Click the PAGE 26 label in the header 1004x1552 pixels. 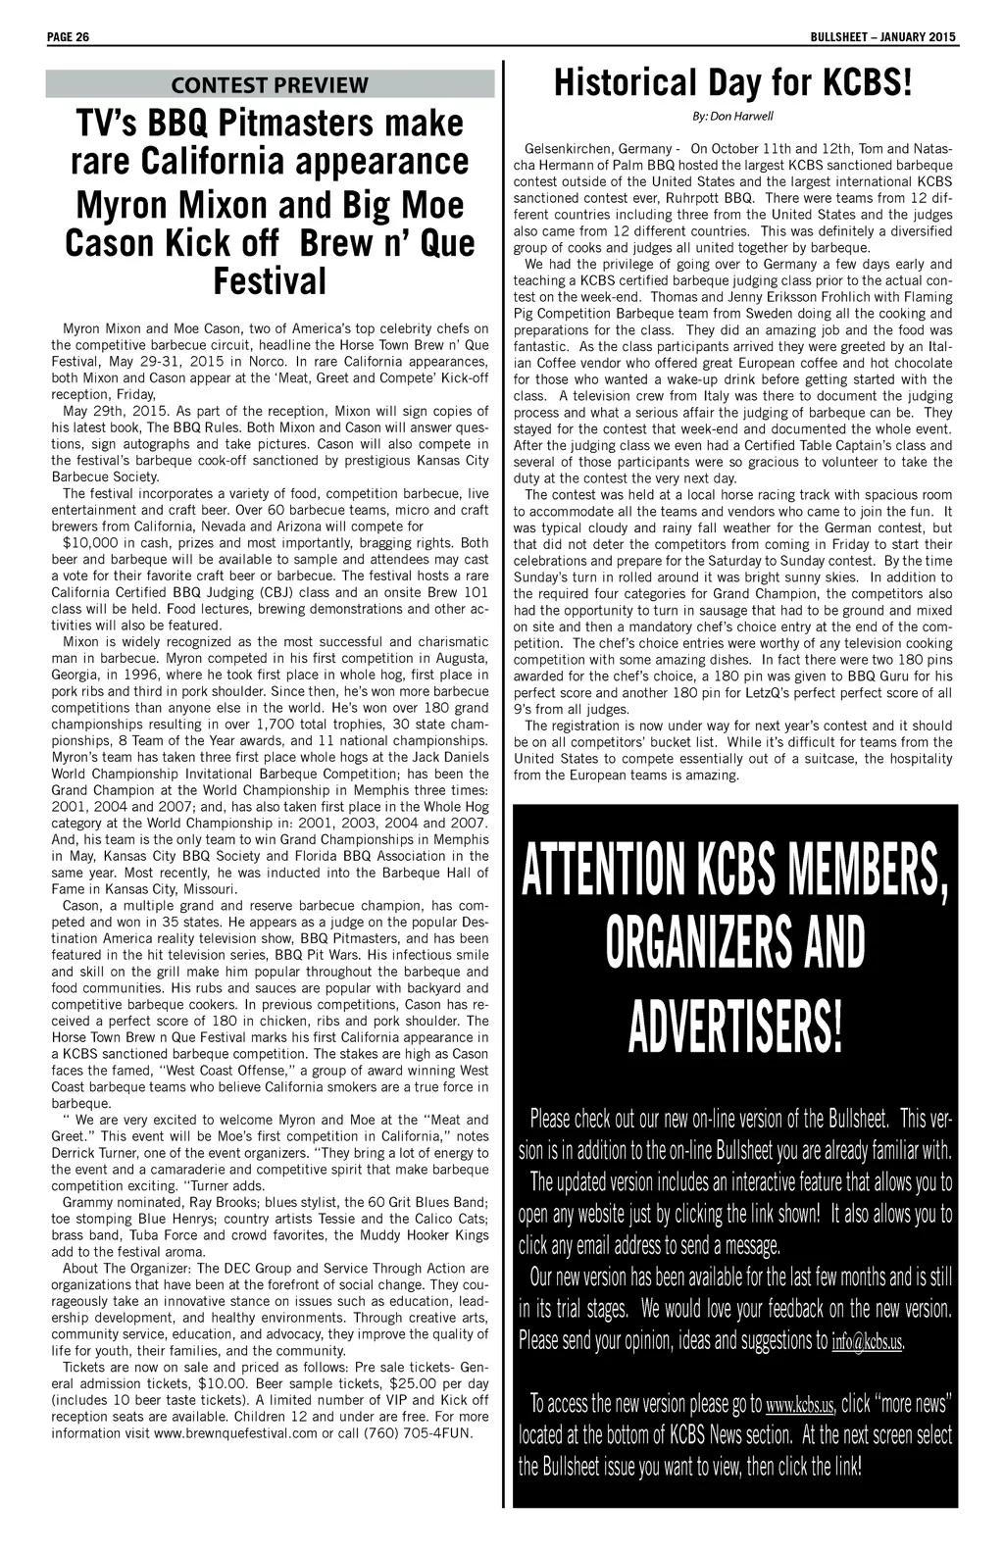point(68,37)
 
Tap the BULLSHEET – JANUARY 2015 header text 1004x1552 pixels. point(883,37)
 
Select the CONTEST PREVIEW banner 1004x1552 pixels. point(270,84)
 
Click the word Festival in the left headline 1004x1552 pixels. point(270,281)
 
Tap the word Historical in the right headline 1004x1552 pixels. point(627,84)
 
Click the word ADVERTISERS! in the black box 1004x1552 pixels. point(734,1026)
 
